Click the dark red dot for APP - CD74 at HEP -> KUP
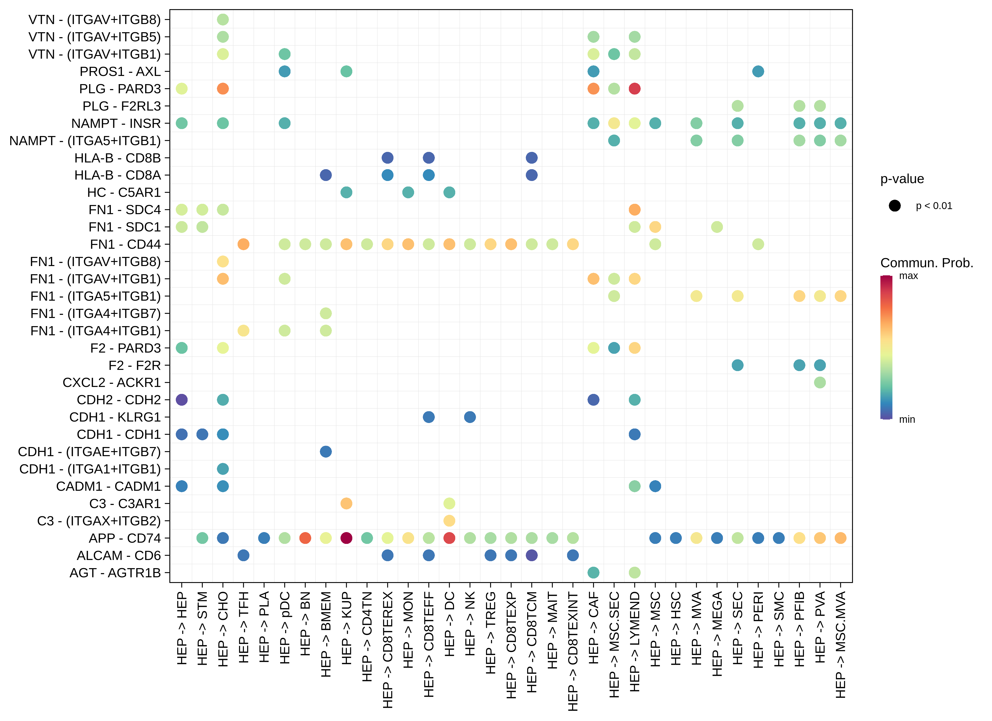(346, 538)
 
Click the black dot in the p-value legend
(895, 206)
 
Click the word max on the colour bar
(909, 276)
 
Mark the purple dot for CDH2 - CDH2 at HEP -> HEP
(182, 400)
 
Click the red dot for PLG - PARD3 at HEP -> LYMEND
(635, 89)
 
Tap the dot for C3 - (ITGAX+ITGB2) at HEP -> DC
(449, 521)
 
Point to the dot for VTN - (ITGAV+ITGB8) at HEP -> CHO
(223, 19)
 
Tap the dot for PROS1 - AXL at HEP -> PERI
(758, 71)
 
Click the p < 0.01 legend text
(934, 206)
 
